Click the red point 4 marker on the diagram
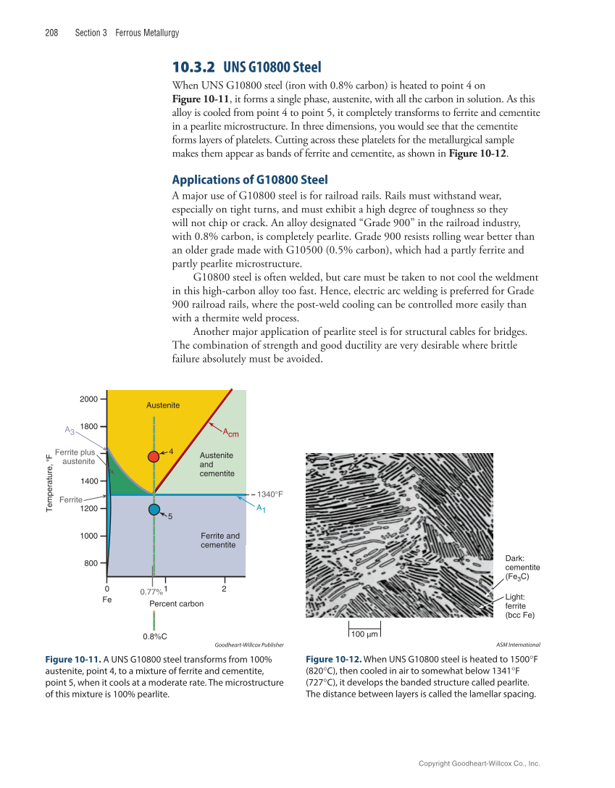tap(154, 456)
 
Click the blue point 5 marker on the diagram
tap(154, 509)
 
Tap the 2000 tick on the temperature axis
tap(89, 399)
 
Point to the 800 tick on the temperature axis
tap(91, 563)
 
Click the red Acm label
tap(230, 434)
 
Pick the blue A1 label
tap(260, 508)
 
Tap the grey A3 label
tap(70, 431)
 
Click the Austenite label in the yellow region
tap(163, 405)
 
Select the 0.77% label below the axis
tap(151, 592)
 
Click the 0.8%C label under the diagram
tap(155, 636)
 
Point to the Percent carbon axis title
tap(176, 604)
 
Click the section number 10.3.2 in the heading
tap(193, 67)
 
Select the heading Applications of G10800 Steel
tap(249, 180)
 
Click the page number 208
tap(51, 33)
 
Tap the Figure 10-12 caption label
tap(333, 659)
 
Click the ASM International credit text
tap(519, 644)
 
